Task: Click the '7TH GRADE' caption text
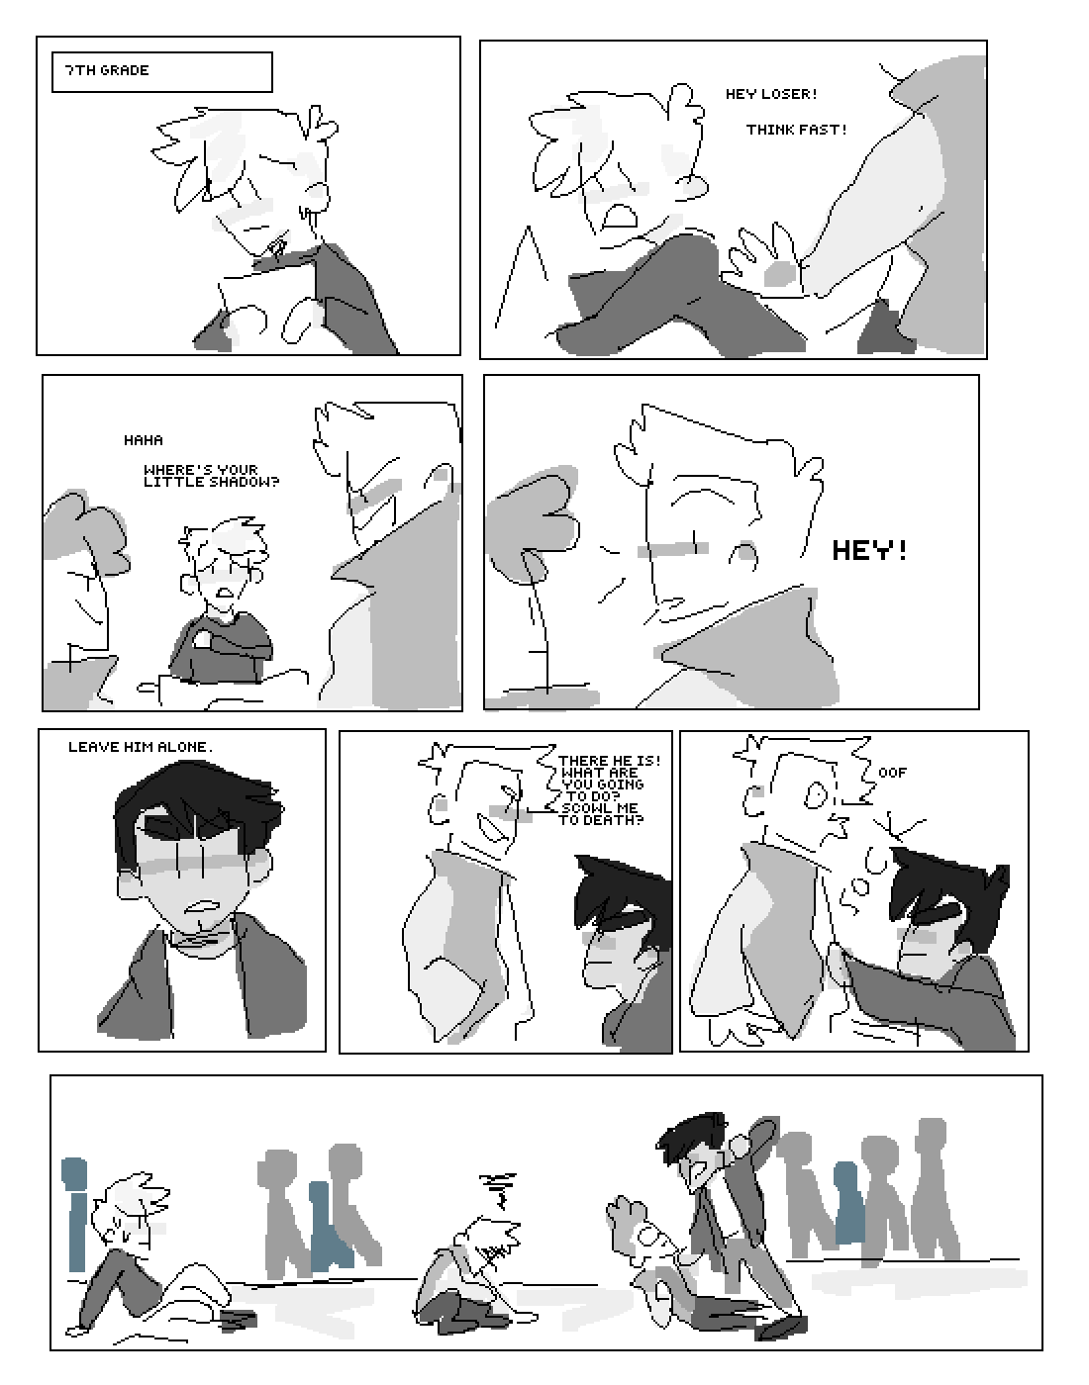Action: pyautogui.click(x=107, y=70)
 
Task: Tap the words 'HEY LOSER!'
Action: pyautogui.click(x=771, y=94)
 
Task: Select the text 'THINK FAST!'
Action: pyautogui.click(x=797, y=130)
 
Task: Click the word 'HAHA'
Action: pyautogui.click(x=144, y=440)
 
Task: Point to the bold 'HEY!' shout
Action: pyautogui.click(x=869, y=551)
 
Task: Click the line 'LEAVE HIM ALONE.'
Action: pyautogui.click(x=141, y=747)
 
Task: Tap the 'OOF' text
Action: pyautogui.click(x=892, y=773)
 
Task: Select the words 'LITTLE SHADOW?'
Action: pyautogui.click(x=211, y=482)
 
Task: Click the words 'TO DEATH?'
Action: pyautogui.click(x=602, y=820)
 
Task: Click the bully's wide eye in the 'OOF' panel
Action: pyautogui.click(x=817, y=794)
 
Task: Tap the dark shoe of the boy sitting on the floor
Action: pyautogui.click(x=239, y=1321)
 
